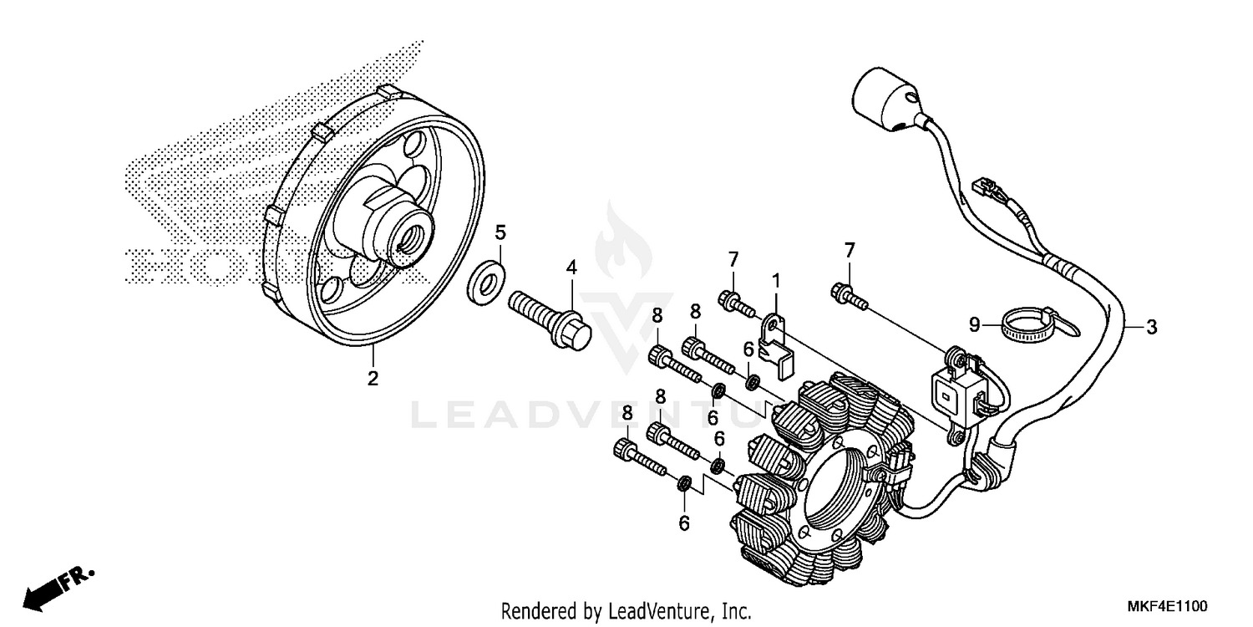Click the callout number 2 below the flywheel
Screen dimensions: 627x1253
coord(373,378)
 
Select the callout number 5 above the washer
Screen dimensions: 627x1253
coord(500,231)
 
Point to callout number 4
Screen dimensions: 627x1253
coord(571,268)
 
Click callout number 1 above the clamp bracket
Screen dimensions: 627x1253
coord(775,280)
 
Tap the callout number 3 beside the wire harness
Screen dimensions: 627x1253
coord(1151,327)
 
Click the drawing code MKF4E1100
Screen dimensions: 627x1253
coord(1169,604)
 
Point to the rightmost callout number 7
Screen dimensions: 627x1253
coord(850,249)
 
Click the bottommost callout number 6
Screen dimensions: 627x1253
coord(684,523)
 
